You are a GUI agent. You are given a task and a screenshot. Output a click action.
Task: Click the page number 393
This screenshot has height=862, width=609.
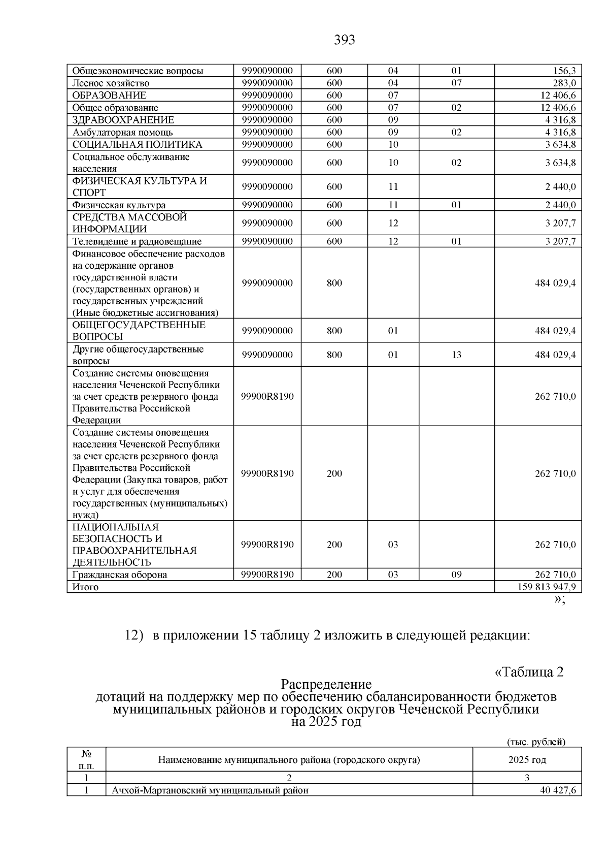click(x=345, y=40)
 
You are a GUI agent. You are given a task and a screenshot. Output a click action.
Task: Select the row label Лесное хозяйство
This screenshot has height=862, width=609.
click(x=111, y=83)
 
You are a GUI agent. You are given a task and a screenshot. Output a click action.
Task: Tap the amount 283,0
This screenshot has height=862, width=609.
click(x=565, y=83)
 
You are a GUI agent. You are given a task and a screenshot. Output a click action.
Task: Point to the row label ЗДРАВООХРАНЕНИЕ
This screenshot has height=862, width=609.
click(x=123, y=120)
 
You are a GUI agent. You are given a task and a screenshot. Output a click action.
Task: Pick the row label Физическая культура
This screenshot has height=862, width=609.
click(x=119, y=205)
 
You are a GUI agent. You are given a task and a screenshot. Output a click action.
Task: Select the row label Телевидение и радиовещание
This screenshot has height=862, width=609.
click(x=137, y=242)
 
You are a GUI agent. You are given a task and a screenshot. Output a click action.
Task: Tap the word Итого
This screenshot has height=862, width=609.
click(x=85, y=587)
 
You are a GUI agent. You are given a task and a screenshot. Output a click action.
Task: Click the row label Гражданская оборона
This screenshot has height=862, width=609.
click(x=120, y=575)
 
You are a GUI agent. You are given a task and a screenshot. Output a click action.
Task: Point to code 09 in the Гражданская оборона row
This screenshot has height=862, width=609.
click(x=456, y=575)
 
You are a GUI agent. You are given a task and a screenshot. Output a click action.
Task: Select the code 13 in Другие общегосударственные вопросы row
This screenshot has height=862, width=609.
click(x=456, y=355)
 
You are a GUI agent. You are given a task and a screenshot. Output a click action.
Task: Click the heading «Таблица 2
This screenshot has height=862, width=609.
click(x=529, y=672)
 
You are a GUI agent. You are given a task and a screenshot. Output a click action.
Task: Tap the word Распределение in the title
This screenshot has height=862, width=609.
click(x=326, y=684)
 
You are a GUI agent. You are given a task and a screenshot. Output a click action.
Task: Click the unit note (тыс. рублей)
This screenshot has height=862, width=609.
click(x=536, y=742)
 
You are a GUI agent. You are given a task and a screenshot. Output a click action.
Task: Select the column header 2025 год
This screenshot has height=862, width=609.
click(x=527, y=760)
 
